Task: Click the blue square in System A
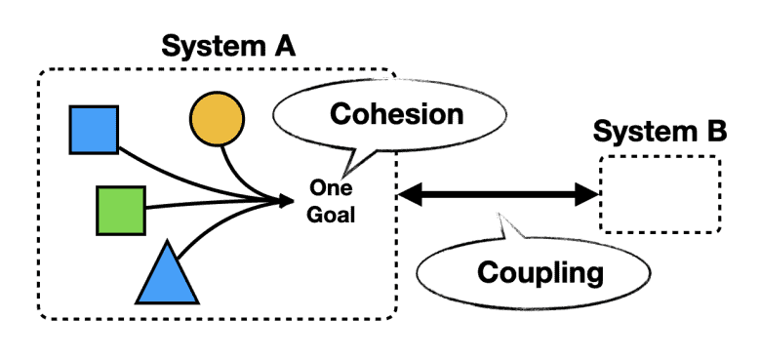click(94, 130)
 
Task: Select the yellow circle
click(216, 119)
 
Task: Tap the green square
click(120, 210)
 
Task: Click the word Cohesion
click(396, 114)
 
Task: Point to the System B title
click(660, 132)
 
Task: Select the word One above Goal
click(331, 189)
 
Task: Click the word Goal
click(331, 215)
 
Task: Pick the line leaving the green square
click(205, 205)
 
